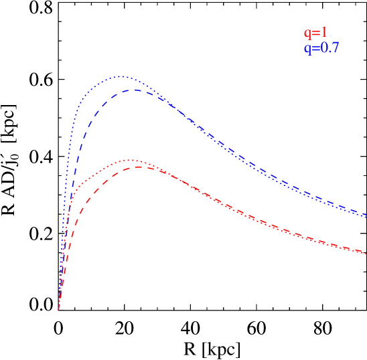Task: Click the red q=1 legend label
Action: pos(315,33)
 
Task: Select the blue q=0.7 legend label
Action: pos(321,48)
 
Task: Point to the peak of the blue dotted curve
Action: pos(122,76)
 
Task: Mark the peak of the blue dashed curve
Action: pos(133,89)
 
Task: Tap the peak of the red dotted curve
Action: pos(131,160)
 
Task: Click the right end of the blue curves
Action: pos(365,215)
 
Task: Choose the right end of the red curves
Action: pos(365,253)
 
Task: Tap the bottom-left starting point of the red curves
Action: pos(59,310)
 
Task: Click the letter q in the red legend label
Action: pos(307,33)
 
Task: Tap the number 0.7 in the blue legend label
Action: pos(329,48)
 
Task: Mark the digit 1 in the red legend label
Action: pos(324,32)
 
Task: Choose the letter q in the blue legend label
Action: pos(307,49)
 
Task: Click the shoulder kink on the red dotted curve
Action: pos(77,187)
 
